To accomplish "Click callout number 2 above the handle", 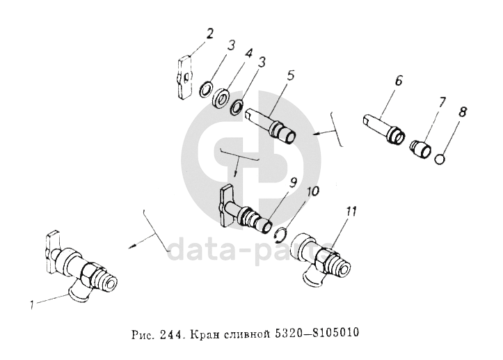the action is [x=209, y=33].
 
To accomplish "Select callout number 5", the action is [x=290, y=75].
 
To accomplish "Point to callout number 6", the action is [x=398, y=81].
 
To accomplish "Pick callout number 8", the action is [x=463, y=112].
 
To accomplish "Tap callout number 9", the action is [x=293, y=182].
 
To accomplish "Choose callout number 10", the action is [x=313, y=191].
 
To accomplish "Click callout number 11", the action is [x=351, y=211].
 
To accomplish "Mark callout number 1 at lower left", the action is [x=32, y=305].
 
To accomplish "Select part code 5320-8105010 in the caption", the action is [x=317, y=333].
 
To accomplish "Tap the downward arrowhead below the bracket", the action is [x=235, y=174].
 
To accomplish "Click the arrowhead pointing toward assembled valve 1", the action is [x=132, y=246].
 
